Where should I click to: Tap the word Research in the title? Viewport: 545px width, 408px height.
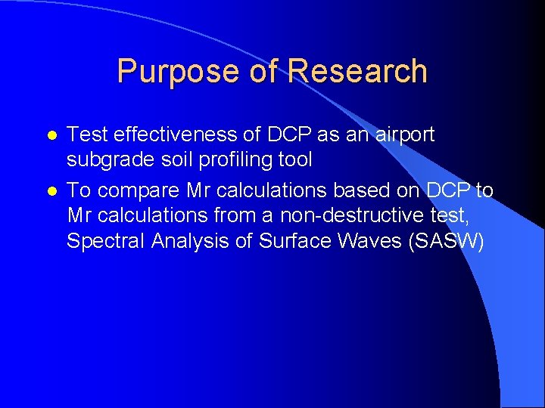coord(357,72)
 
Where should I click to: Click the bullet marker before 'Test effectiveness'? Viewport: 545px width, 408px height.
coord(51,136)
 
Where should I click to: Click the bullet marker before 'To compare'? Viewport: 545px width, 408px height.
coord(51,192)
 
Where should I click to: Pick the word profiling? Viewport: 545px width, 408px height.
coord(226,161)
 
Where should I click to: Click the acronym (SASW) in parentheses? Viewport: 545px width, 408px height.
coord(446,243)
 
